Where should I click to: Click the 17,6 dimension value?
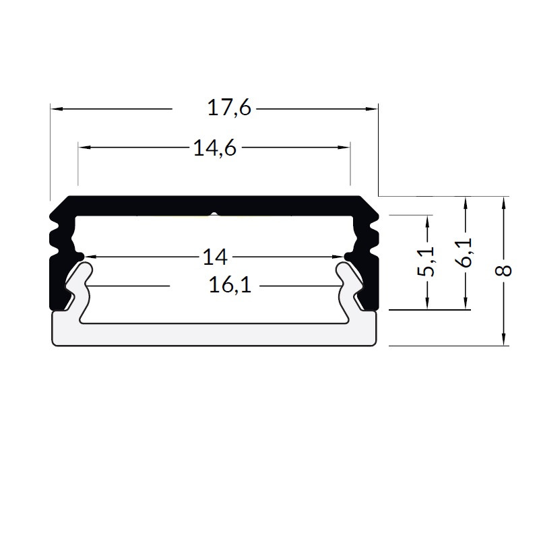pyautogui.click(x=229, y=108)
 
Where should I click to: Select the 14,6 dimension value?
pyautogui.click(x=214, y=148)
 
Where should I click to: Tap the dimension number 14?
pyautogui.click(x=214, y=257)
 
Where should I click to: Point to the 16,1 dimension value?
pyautogui.click(x=230, y=286)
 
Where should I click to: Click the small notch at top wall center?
pyautogui.click(x=214, y=215)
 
